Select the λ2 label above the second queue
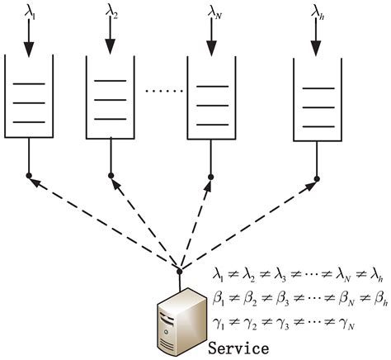pos(111,12)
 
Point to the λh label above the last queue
pos(318,12)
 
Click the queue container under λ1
pos(29,95)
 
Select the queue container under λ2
pos(111,95)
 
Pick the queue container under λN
pos(211,95)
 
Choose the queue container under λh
pos(318,95)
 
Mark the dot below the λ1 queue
pos(29,175)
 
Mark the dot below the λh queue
pos(318,175)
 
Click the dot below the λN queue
pos(211,176)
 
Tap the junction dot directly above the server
pos(178,270)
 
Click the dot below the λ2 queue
pos(111,175)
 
